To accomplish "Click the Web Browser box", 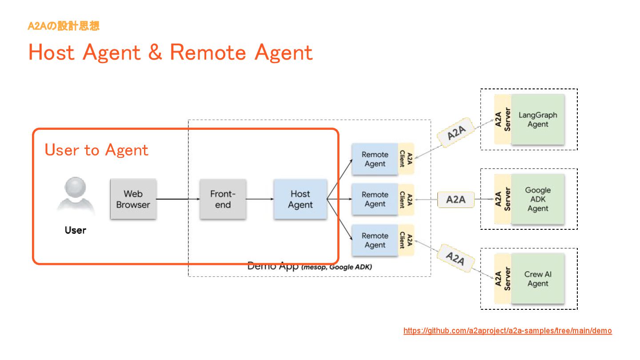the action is coord(133,199).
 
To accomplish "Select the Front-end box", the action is coord(223,199).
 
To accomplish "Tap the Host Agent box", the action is coord(300,199).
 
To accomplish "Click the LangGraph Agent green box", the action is coord(538,120).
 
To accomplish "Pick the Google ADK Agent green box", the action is coord(538,199).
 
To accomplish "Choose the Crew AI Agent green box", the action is coord(538,279).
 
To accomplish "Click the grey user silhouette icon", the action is coord(76,194).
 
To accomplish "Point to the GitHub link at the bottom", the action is coord(508,331).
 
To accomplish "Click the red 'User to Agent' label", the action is coord(96,150).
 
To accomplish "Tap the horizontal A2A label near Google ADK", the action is coord(456,200).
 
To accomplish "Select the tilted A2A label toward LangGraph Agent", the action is coord(456,132).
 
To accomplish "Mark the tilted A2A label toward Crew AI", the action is coord(456,258).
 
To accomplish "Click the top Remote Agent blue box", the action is coord(375,159).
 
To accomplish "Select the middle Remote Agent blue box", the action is coord(375,199).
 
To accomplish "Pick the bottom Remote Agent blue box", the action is coord(375,240).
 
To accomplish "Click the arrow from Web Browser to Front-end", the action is coord(178,199).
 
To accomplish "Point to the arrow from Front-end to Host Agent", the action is coord(260,199).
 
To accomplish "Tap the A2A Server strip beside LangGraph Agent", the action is coord(503,120).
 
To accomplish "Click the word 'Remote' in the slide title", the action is coord(208,52).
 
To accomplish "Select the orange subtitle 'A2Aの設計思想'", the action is coord(64,26).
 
